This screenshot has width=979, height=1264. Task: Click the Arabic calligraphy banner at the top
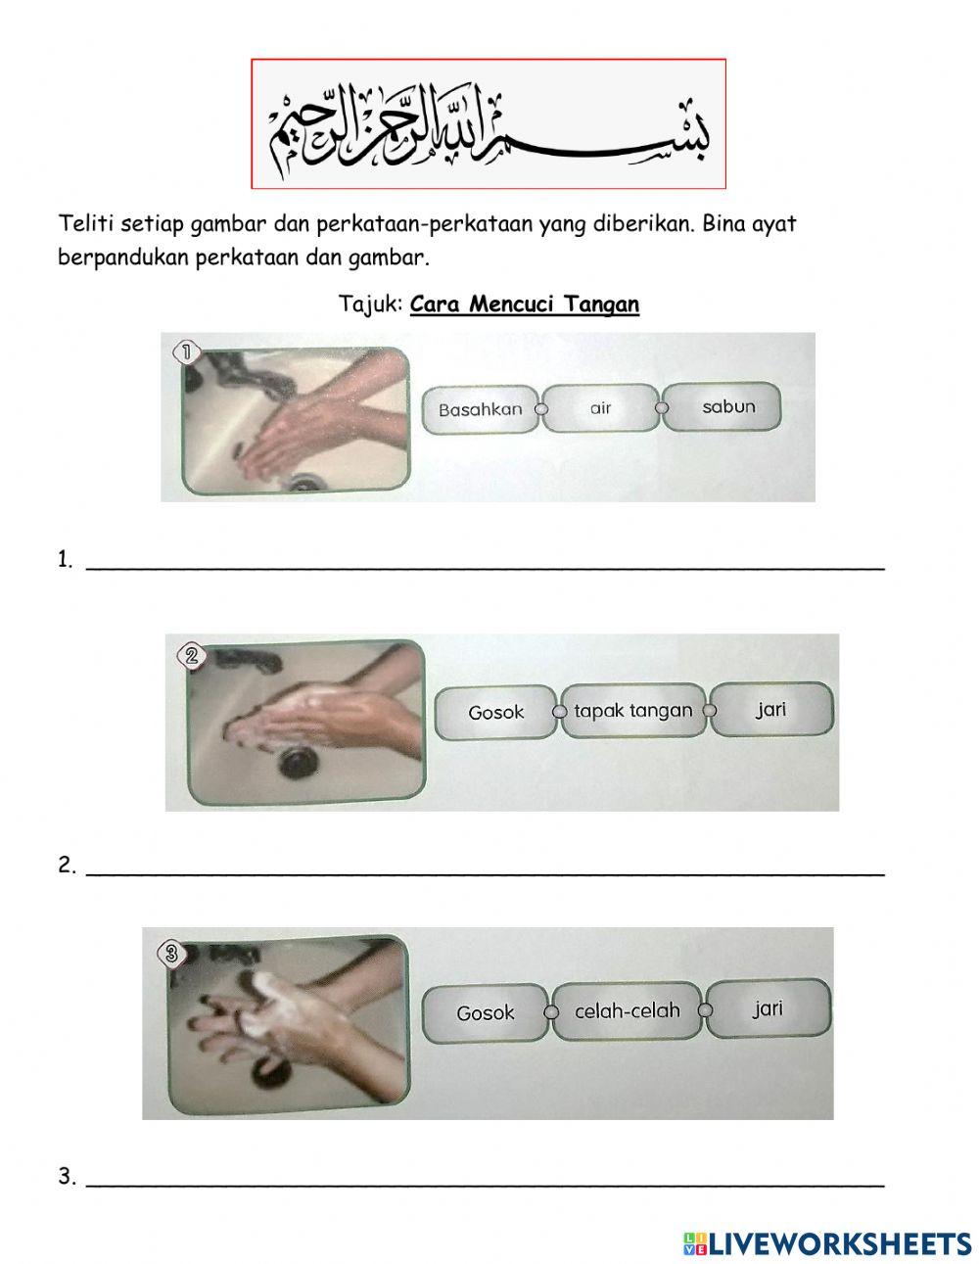click(489, 123)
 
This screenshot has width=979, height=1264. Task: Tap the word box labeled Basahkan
click(480, 409)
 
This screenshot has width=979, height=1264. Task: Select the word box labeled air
click(600, 407)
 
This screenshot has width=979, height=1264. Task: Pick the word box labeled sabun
click(723, 406)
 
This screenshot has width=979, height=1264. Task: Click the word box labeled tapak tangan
click(633, 710)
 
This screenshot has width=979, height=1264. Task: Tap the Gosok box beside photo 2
click(496, 713)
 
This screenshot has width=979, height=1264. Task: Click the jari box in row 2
click(771, 709)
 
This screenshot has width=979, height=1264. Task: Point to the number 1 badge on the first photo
click(187, 352)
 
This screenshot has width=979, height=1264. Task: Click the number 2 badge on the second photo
click(191, 656)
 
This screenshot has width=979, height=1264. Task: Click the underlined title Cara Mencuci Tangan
click(525, 304)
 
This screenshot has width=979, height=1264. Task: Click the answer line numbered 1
click(486, 568)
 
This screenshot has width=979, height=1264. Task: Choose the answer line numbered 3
click(486, 1185)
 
